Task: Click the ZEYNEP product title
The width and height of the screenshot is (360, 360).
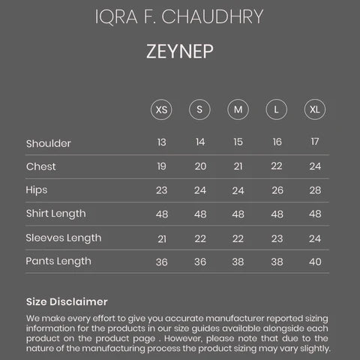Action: pyautogui.click(x=180, y=53)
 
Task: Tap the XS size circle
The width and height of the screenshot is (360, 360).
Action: pyautogui.click(x=161, y=109)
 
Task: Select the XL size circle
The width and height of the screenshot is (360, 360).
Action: pyautogui.click(x=315, y=109)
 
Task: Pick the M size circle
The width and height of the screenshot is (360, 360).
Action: pyautogui.click(x=238, y=109)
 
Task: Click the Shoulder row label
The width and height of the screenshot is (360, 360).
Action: pyautogui.click(x=48, y=143)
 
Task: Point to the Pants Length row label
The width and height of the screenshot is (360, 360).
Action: pyautogui.click(x=58, y=262)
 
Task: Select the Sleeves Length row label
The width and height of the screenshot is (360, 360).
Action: pyautogui.click(x=63, y=238)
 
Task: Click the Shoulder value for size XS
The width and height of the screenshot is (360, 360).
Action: pyautogui.click(x=161, y=142)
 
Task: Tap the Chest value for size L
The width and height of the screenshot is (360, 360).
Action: pyautogui.click(x=277, y=166)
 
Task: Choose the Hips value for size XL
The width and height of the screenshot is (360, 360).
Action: pyautogui.click(x=315, y=190)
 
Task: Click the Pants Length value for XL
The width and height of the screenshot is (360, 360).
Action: pyautogui.click(x=315, y=262)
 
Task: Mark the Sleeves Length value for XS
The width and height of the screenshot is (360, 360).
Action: pyautogui.click(x=161, y=238)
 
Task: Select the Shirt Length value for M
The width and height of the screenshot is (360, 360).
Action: pyautogui.click(x=238, y=214)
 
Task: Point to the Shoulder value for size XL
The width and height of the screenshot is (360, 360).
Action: pyautogui.click(x=315, y=142)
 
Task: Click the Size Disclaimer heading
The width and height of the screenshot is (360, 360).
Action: pyautogui.click(x=67, y=301)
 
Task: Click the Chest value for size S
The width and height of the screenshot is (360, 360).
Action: pyautogui.click(x=200, y=166)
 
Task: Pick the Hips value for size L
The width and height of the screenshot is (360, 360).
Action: pyautogui.click(x=277, y=190)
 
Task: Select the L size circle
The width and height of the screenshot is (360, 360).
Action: pyautogui.click(x=277, y=109)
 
